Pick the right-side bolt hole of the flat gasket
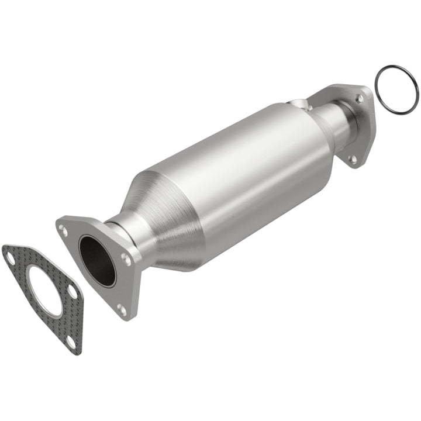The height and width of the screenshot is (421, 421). pyautogui.click(x=71, y=291)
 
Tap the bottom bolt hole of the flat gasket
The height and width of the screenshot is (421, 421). pyautogui.click(x=71, y=342)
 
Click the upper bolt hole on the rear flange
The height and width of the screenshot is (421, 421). pyautogui.click(x=359, y=99)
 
